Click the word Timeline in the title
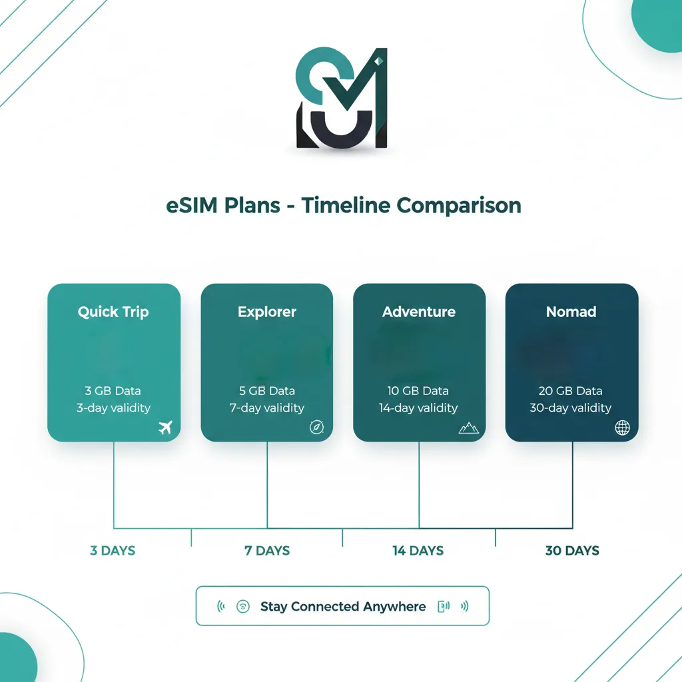tap(346, 205)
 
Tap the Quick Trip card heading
tap(113, 312)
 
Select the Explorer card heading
tap(266, 312)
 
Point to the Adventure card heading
tap(419, 312)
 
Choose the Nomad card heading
tap(571, 312)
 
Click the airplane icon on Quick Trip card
tap(165, 428)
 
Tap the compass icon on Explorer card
tap(316, 428)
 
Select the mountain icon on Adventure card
tap(469, 428)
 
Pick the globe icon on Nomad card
tap(622, 428)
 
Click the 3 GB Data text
tap(113, 391)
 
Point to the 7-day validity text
tap(266, 408)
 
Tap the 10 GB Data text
tap(418, 391)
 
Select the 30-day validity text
tap(570, 408)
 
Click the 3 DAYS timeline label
tap(113, 551)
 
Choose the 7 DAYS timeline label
tap(267, 551)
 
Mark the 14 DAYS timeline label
tap(418, 551)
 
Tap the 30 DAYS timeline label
tap(572, 551)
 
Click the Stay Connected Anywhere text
tap(342, 607)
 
